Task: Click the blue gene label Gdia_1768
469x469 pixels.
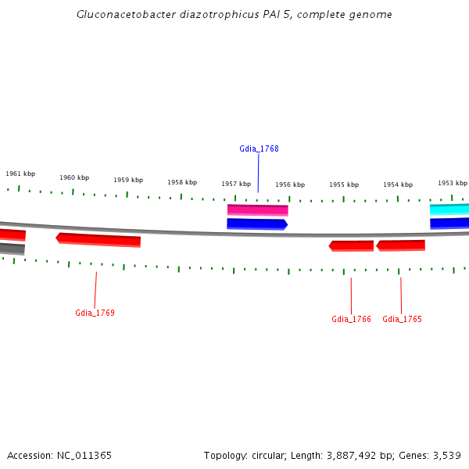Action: point(259,149)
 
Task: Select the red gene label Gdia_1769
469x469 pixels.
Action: point(95,313)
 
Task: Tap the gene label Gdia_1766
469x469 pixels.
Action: point(351,319)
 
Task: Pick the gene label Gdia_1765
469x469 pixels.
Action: point(402,319)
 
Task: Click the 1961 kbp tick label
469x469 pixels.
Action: point(20,174)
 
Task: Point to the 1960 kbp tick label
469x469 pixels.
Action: point(74,177)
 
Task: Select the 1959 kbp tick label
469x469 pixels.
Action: point(128,180)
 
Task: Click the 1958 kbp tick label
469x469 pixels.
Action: point(182,182)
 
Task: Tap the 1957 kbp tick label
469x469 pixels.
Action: point(236,184)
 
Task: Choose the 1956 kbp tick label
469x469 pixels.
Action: point(290,184)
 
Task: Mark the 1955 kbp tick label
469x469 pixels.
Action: point(344,184)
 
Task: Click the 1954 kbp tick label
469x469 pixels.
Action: point(398,184)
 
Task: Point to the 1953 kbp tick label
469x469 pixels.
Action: point(452,183)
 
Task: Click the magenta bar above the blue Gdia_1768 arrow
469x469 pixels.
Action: point(258,209)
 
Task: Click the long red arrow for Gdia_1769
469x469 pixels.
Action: point(98,239)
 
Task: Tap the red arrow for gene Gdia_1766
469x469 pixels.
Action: point(351,245)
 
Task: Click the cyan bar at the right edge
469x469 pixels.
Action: point(449,209)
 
